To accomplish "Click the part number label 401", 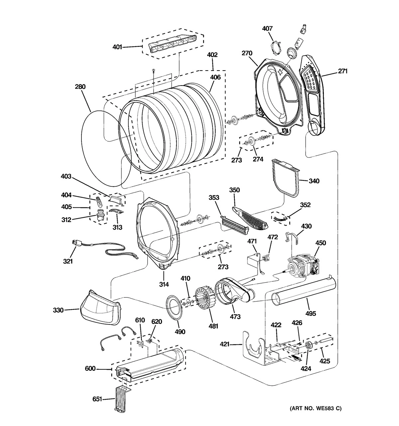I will [117, 47].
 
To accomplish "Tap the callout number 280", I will [80, 87].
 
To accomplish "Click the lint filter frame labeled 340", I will [286, 177].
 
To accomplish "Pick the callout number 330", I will [58, 310].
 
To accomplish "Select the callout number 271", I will [342, 71].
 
